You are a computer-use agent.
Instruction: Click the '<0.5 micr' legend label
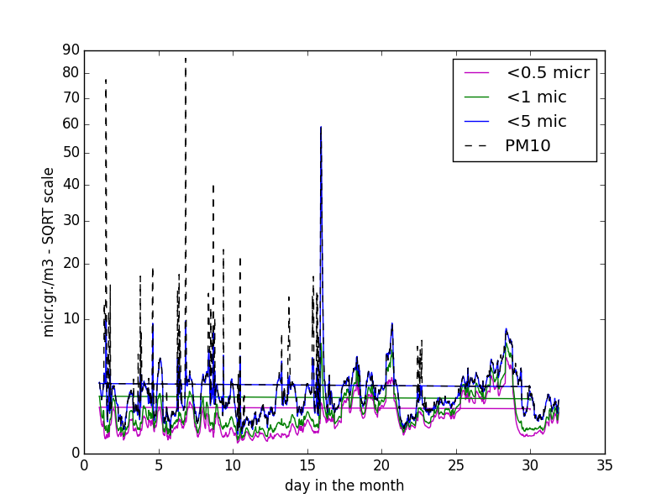549,73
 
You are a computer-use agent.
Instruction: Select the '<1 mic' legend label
537,97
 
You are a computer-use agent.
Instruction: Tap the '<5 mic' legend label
537,122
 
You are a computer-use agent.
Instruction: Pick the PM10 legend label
528,145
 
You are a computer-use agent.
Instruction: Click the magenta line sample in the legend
476,73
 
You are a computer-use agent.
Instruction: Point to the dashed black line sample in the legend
476,146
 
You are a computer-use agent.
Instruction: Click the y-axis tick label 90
71,50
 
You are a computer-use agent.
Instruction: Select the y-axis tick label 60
71,124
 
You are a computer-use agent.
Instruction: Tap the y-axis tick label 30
71,221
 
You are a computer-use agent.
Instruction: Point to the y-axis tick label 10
71,319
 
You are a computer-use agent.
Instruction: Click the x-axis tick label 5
159,465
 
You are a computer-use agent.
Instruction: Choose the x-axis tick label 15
307,465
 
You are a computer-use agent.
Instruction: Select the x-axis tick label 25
456,465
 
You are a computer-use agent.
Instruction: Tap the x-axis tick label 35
605,465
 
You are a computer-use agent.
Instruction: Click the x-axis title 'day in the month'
344,486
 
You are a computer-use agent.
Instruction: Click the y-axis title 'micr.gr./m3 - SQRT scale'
49,252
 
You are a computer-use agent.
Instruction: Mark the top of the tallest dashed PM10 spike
186,58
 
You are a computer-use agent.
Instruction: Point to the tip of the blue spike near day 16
321,127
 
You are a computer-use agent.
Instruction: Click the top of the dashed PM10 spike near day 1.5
106,80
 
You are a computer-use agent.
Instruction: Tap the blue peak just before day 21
391,323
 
